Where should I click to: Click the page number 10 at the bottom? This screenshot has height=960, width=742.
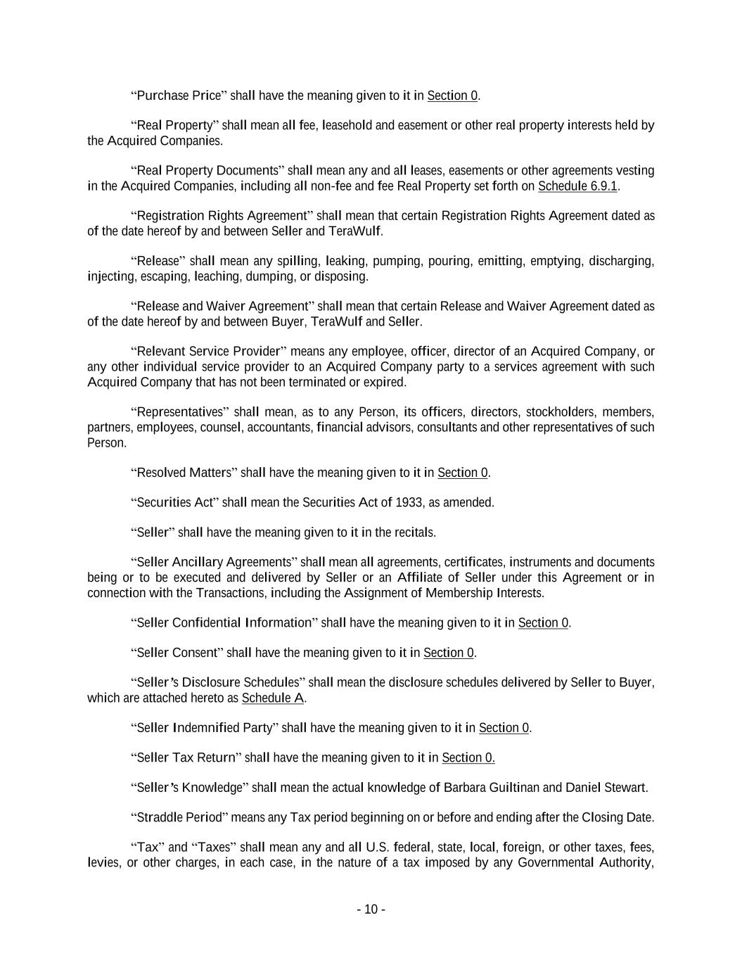tap(371, 909)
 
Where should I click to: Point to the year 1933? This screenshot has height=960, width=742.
tap(409, 502)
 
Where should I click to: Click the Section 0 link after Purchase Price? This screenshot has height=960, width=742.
tap(452, 96)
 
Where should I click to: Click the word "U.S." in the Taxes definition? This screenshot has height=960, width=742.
tap(378, 847)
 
